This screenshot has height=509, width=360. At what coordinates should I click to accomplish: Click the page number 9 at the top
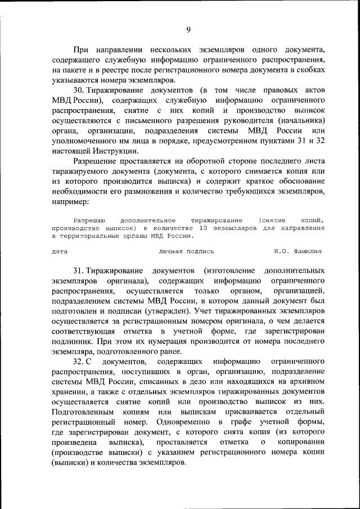coord(188,30)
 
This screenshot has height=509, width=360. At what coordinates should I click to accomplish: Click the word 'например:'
coord(70,201)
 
